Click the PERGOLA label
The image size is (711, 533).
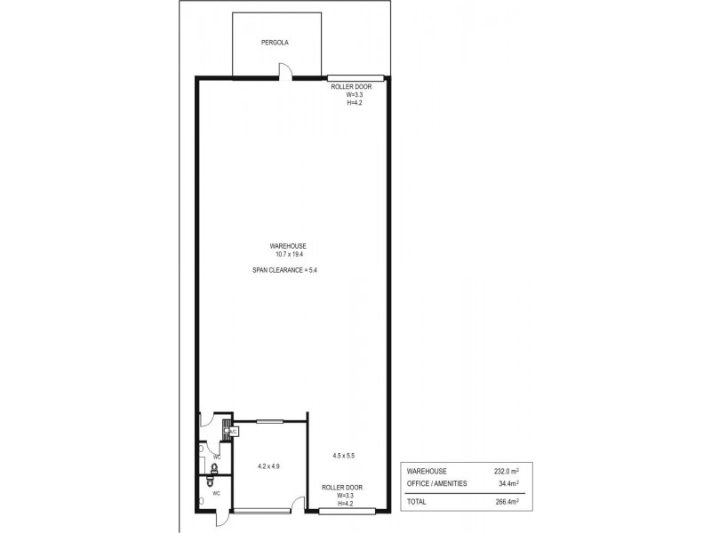[x=275, y=42]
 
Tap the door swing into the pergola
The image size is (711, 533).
[x=284, y=71]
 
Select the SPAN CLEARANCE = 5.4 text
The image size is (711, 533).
[x=285, y=270]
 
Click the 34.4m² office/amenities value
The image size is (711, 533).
[x=508, y=484]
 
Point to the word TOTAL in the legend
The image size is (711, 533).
[x=417, y=502]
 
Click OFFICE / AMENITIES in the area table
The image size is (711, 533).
[x=436, y=484]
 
